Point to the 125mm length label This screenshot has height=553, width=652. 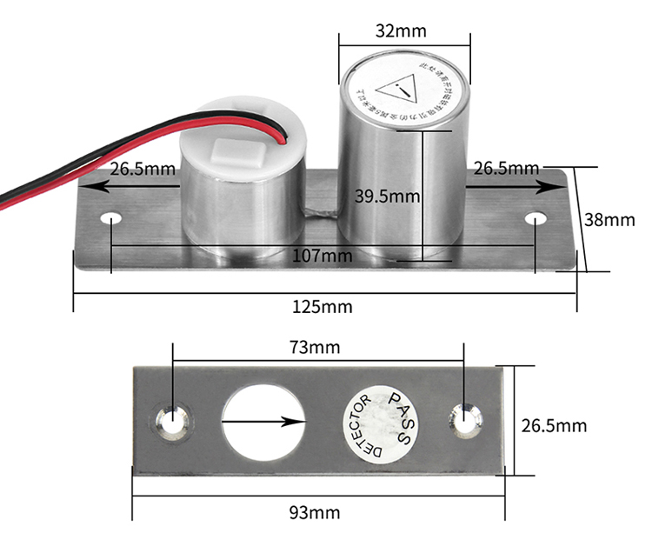point(326,306)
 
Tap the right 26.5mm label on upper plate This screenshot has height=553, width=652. point(506,169)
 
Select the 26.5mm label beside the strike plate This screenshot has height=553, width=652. point(552,425)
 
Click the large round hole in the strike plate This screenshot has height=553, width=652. point(263,422)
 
